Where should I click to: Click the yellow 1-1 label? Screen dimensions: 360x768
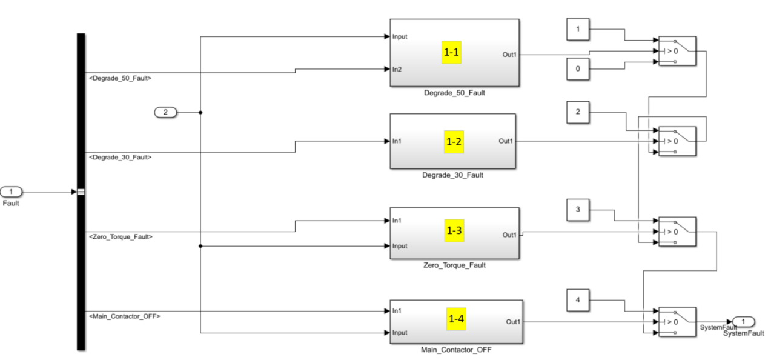tap(452, 53)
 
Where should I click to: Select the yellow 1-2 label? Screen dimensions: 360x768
tap(454, 142)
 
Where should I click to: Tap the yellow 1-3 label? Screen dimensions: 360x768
tap(454, 231)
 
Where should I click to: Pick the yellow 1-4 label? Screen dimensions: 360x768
tap(456, 319)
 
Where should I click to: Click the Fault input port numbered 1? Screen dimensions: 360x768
tap(11, 192)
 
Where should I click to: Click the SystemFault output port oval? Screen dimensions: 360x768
tap(743, 321)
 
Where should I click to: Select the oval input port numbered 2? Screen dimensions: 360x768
tap(166, 112)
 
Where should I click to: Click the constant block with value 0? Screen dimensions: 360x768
tap(578, 68)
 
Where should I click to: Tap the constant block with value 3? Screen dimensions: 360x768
tap(578, 210)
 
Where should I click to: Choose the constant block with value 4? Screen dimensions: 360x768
tap(578, 300)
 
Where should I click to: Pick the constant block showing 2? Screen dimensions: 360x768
tap(578, 112)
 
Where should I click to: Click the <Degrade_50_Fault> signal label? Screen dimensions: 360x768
tap(120, 78)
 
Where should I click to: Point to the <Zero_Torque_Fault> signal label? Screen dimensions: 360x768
tap(121, 237)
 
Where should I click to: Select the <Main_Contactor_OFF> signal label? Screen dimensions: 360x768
tap(124, 316)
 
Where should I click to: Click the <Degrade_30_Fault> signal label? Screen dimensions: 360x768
tap(120, 158)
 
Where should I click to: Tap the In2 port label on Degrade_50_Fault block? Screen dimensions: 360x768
tap(397, 69)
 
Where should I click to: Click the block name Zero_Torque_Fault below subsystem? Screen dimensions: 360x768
tap(454, 265)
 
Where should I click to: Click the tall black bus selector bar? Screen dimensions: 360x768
tap(81, 192)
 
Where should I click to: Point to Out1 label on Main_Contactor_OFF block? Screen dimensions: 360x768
tap(512, 322)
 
